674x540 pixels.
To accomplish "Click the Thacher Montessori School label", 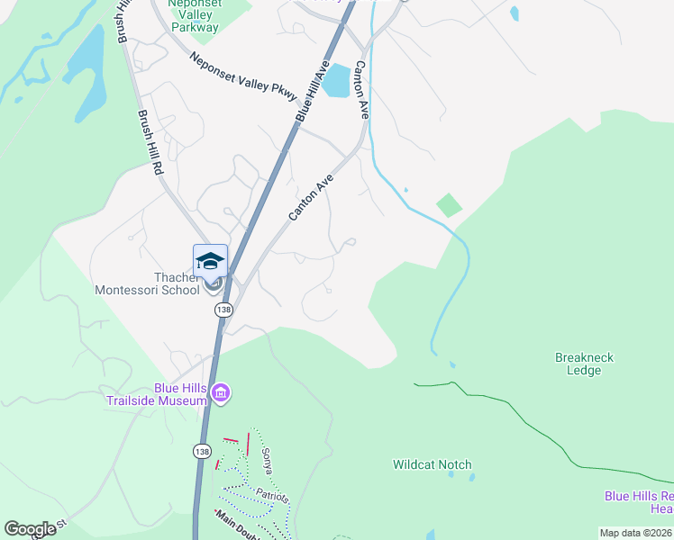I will (x=148, y=283).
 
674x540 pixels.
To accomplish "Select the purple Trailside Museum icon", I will (x=221, y=393).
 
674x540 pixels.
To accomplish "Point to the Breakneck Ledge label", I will (x=584, y=364).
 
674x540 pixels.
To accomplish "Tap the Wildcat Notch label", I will (x=432, y=464).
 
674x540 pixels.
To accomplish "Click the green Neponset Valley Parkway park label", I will (x=195, y=15).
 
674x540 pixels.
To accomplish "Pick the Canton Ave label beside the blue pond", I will (x=362, y=90).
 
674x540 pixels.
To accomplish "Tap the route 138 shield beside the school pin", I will (x=224, y=310).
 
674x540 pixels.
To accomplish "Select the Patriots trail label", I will (x=269, y=497).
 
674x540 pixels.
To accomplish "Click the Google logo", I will (x=30, y=529).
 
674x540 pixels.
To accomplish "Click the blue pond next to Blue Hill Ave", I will (x=336, y=81).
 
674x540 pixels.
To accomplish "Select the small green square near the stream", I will (x=449, y=205).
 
